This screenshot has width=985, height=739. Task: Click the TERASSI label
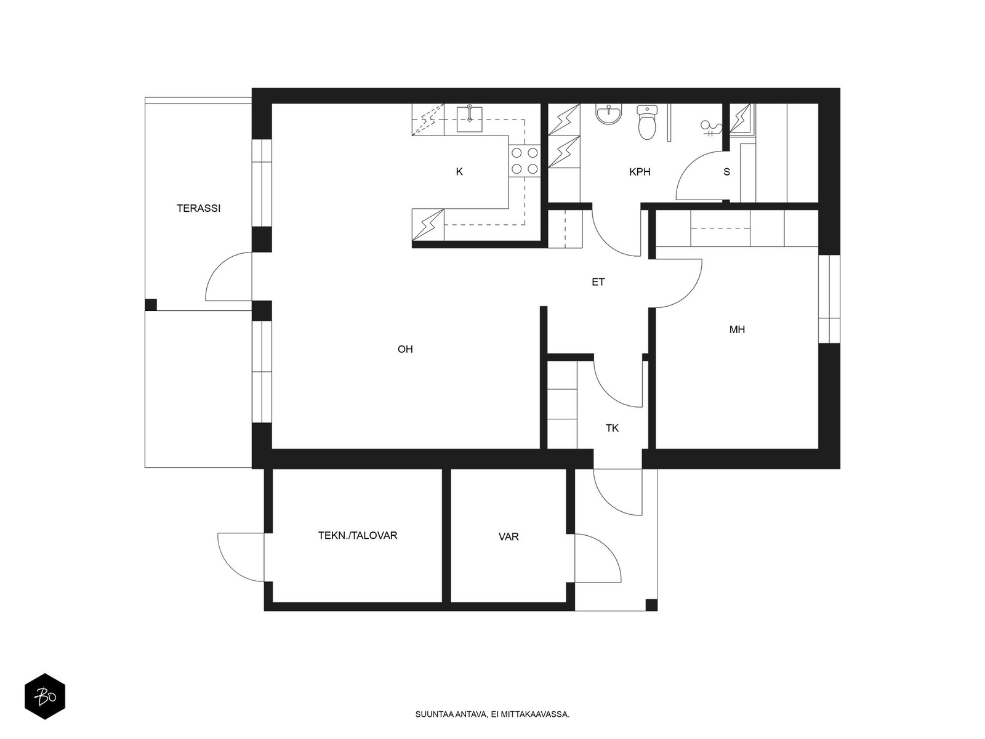point(198,208)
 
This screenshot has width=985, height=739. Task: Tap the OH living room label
point(405,349)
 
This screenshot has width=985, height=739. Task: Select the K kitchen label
point(459,171)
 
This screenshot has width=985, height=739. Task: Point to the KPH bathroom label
point(640,172)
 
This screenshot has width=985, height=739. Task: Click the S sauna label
point(726,172)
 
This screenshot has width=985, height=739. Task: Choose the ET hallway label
point(598,282)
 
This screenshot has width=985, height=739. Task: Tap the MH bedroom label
point(737,329)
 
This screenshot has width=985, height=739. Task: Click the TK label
point(612,428)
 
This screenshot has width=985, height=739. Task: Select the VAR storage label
point(509,536)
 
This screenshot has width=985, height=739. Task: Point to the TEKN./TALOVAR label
point(358,535)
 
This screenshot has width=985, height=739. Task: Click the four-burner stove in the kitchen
point(525,161)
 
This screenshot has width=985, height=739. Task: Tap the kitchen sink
point(469,119)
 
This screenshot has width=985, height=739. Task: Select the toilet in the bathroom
point(646,121)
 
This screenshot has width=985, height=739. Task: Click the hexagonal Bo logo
point(45,696)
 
